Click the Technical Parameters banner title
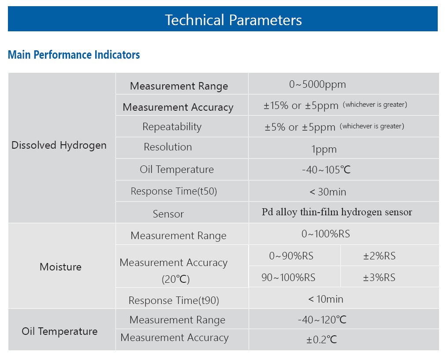pos(233,20)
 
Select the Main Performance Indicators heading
pos(74,55)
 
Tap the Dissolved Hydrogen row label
pos(59,146)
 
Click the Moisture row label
pos(60,267)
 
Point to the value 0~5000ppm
pos(317,85)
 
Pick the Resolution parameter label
pos(168,147)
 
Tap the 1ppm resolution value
pos(324,150)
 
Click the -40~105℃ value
pos(326,170)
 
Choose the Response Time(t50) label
pos(174,191)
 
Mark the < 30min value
pos(328,192)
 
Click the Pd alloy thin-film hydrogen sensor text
pos(337,212)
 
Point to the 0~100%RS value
pos(326,234)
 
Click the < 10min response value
pos(326,299)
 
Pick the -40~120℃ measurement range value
pos(322,320)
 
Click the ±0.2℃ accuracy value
pos(321,340)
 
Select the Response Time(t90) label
pos(174,300)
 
